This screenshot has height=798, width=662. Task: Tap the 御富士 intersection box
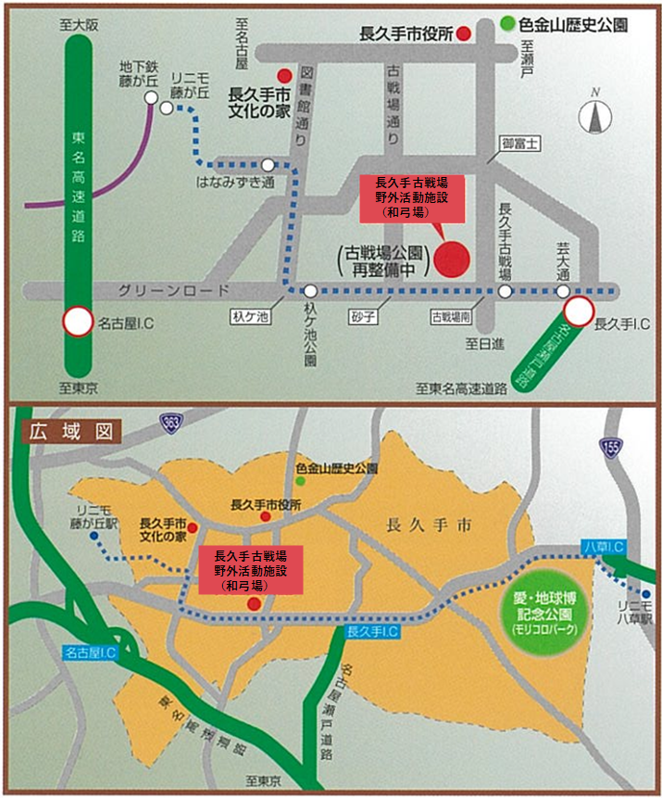(x=520, y=143)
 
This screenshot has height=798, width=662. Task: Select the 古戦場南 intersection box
(x=452, y=316)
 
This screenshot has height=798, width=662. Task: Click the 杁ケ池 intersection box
(x=250, y=316)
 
